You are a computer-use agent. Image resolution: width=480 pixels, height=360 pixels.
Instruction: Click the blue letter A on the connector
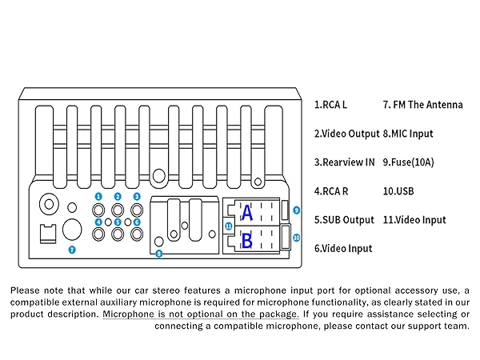(x=247, y=213)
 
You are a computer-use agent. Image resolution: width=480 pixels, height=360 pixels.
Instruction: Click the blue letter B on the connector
(x=247, y=238)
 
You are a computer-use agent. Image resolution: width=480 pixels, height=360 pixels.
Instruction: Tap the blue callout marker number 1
(x=98, y=196)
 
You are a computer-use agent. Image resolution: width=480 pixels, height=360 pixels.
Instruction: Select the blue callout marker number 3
(x=137, y=196)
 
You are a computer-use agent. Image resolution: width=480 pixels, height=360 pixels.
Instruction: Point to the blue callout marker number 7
(x=72, y=250)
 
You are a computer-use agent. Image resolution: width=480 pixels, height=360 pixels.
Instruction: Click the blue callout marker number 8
(x=158, y=254)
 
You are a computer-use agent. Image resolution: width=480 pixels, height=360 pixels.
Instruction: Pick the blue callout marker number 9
(x=296, y=210)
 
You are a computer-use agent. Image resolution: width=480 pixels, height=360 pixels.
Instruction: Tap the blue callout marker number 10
(x=296, y=238)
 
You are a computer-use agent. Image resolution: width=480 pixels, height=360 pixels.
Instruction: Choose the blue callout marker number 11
(x=228, y=226)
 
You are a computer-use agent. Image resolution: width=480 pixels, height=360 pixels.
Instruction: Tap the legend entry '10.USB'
(x=399, y=191)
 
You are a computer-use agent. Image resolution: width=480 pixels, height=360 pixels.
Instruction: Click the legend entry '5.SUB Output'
(x=344, y=220)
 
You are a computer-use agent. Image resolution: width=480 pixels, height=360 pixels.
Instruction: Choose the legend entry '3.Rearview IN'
(x=344, y=162)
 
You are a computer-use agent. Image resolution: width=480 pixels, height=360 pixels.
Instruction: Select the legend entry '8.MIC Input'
(x=408, y=134)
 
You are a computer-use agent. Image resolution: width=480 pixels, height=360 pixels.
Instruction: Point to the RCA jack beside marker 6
(x=137, y=234)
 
